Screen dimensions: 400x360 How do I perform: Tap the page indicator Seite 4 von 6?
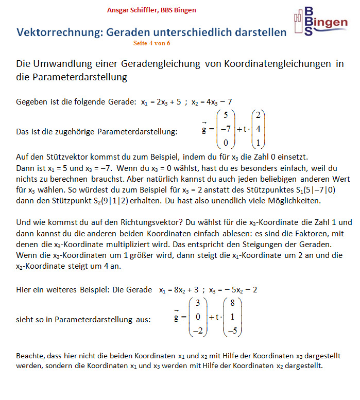click(151, 43)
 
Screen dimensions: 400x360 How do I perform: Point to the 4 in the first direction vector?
click(258, 129)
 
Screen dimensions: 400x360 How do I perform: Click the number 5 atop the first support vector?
click(226, 115)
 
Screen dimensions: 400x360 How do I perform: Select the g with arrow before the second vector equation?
click(178, 318)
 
